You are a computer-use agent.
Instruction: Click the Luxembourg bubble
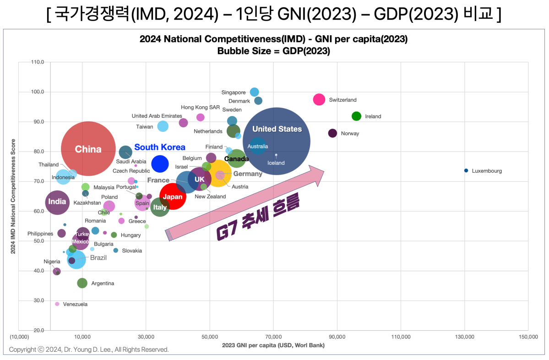tap(466, 170)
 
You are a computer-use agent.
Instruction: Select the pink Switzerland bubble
tap(319, 99)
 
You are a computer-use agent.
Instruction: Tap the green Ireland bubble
tap(356, 116)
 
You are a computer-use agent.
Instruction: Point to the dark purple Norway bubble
tap(333, 133)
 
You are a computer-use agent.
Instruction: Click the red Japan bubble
tap(173, 196)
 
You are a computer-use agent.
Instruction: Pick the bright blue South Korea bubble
tap(160, 164)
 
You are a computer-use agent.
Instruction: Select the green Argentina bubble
tap(82, 283)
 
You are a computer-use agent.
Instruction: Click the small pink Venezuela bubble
tap(57, 304)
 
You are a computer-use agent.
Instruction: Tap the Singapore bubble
tap(255, 92)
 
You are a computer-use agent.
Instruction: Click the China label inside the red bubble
tap(88, 149)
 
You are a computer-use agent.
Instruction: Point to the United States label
tap(277, 129)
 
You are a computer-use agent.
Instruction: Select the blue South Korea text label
tap(160, 147)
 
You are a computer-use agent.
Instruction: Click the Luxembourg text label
tap(487, 171)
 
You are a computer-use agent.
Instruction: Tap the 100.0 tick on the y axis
tap(38, 92)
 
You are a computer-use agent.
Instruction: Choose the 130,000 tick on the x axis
tap(464, 337)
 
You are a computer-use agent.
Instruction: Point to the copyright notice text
tap(89, 349)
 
